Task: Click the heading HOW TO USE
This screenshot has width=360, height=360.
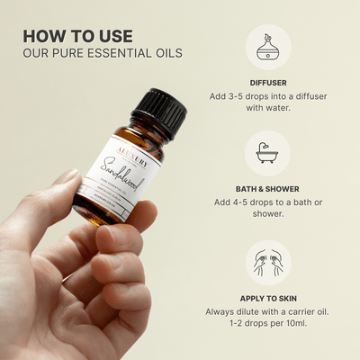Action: coord(77,35)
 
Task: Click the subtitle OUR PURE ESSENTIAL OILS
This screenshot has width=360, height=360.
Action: coord(102,53)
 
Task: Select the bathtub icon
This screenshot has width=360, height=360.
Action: coord(267,154)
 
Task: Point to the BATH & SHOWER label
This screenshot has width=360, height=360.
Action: coord(267,187)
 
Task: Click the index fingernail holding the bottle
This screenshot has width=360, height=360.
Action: coord(66,178)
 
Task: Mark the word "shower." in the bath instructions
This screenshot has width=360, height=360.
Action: coord(267,217)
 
